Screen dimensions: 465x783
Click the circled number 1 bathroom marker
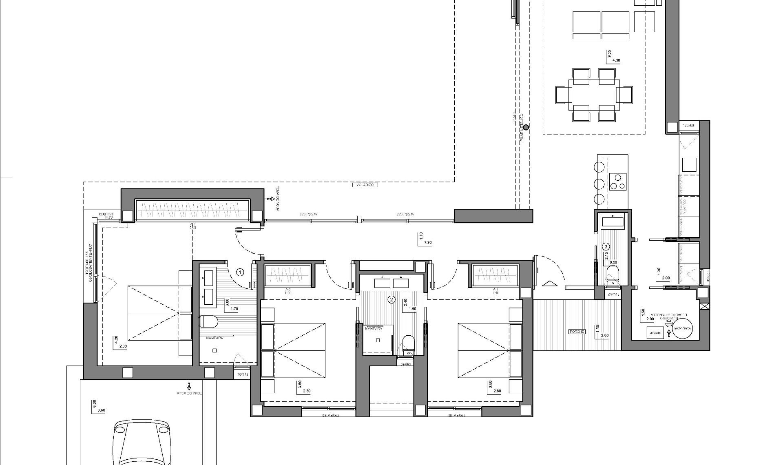240,272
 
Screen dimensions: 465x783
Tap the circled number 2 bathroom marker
391,300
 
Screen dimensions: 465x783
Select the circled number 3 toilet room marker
606,246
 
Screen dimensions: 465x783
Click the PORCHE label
577,332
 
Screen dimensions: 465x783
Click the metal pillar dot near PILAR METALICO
526,127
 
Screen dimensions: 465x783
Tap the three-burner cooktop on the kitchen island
618,182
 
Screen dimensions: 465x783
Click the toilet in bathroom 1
209,322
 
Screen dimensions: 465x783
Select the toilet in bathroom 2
408,343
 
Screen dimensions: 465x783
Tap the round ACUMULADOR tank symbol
683,328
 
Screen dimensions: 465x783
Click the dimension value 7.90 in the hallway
428,243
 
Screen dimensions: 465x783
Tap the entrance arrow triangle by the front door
549,284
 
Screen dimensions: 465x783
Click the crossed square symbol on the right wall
704,307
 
